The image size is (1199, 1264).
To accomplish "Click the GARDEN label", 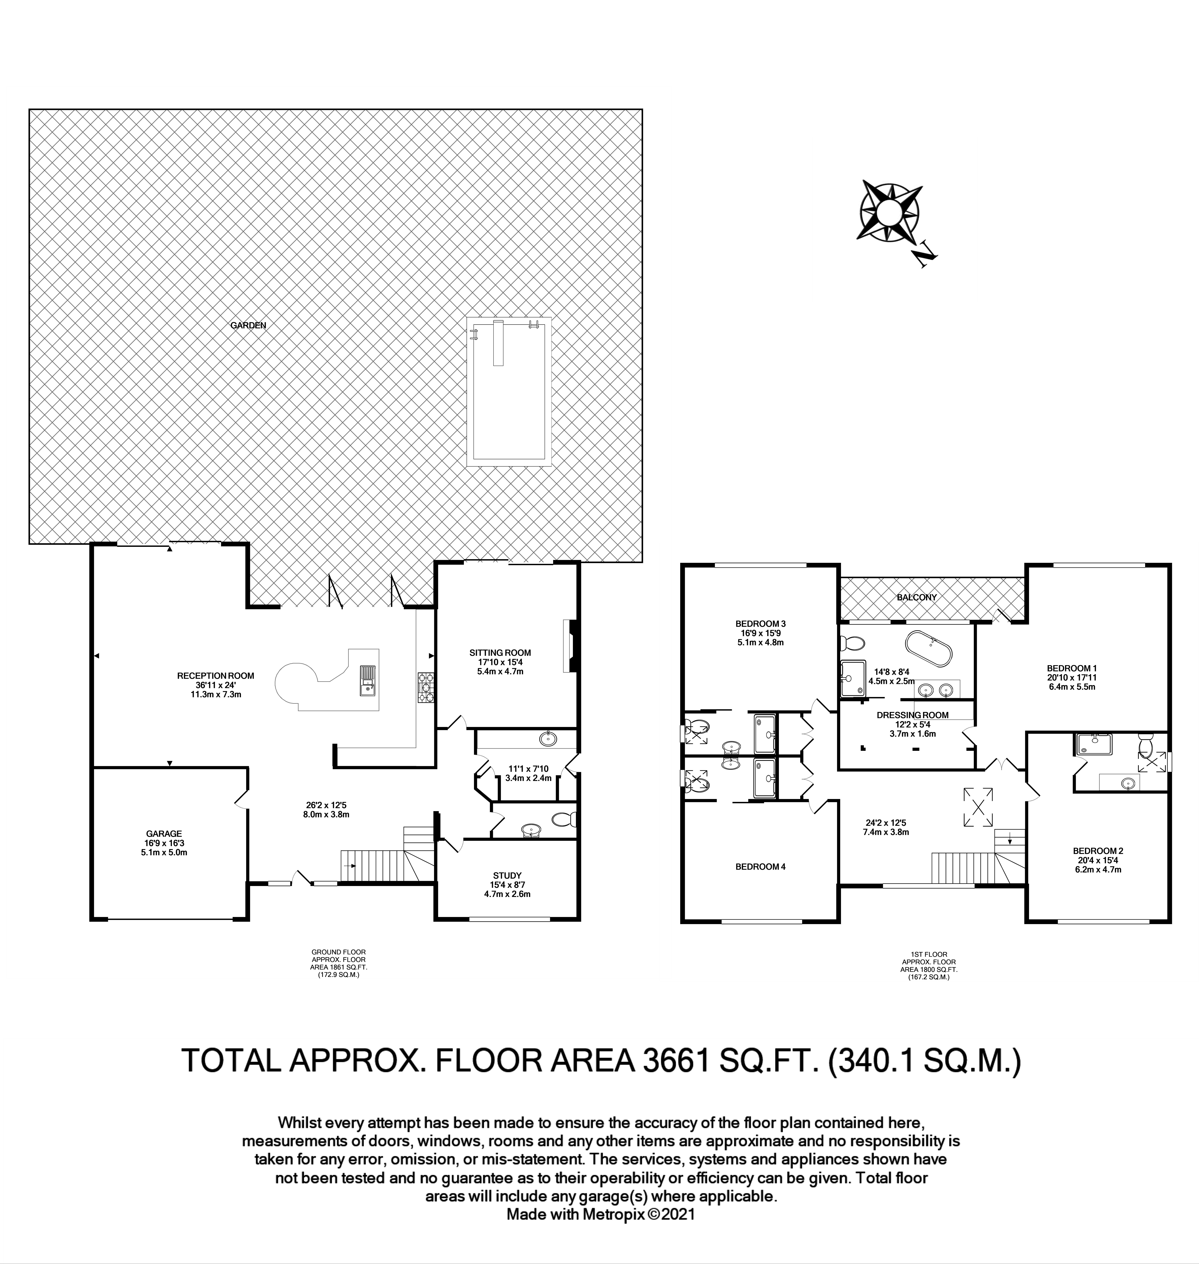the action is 248,325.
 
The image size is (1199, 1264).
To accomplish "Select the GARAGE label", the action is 164,833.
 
